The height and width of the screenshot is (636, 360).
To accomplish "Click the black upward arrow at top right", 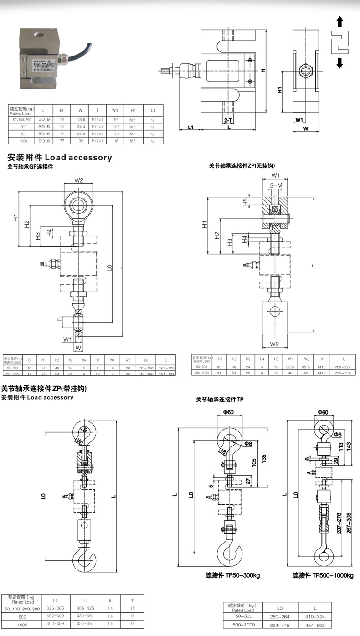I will coord(339,21).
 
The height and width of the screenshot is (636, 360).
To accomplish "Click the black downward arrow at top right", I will coord(339,62).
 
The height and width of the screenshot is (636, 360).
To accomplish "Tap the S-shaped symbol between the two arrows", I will coord(339,42).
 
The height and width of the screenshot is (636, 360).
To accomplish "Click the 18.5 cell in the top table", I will coord(80,118).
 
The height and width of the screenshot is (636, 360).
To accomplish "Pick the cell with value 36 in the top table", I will coord(80,141).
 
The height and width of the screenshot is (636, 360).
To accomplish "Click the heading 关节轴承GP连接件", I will coord(30,167).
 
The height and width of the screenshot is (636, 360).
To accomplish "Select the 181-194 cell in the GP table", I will coord(166,373).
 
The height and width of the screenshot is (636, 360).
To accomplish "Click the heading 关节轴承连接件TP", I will coord(220,400).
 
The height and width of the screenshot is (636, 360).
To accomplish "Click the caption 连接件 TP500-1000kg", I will coord(323,575).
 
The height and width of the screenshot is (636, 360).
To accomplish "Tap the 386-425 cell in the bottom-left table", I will coord(85,609).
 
